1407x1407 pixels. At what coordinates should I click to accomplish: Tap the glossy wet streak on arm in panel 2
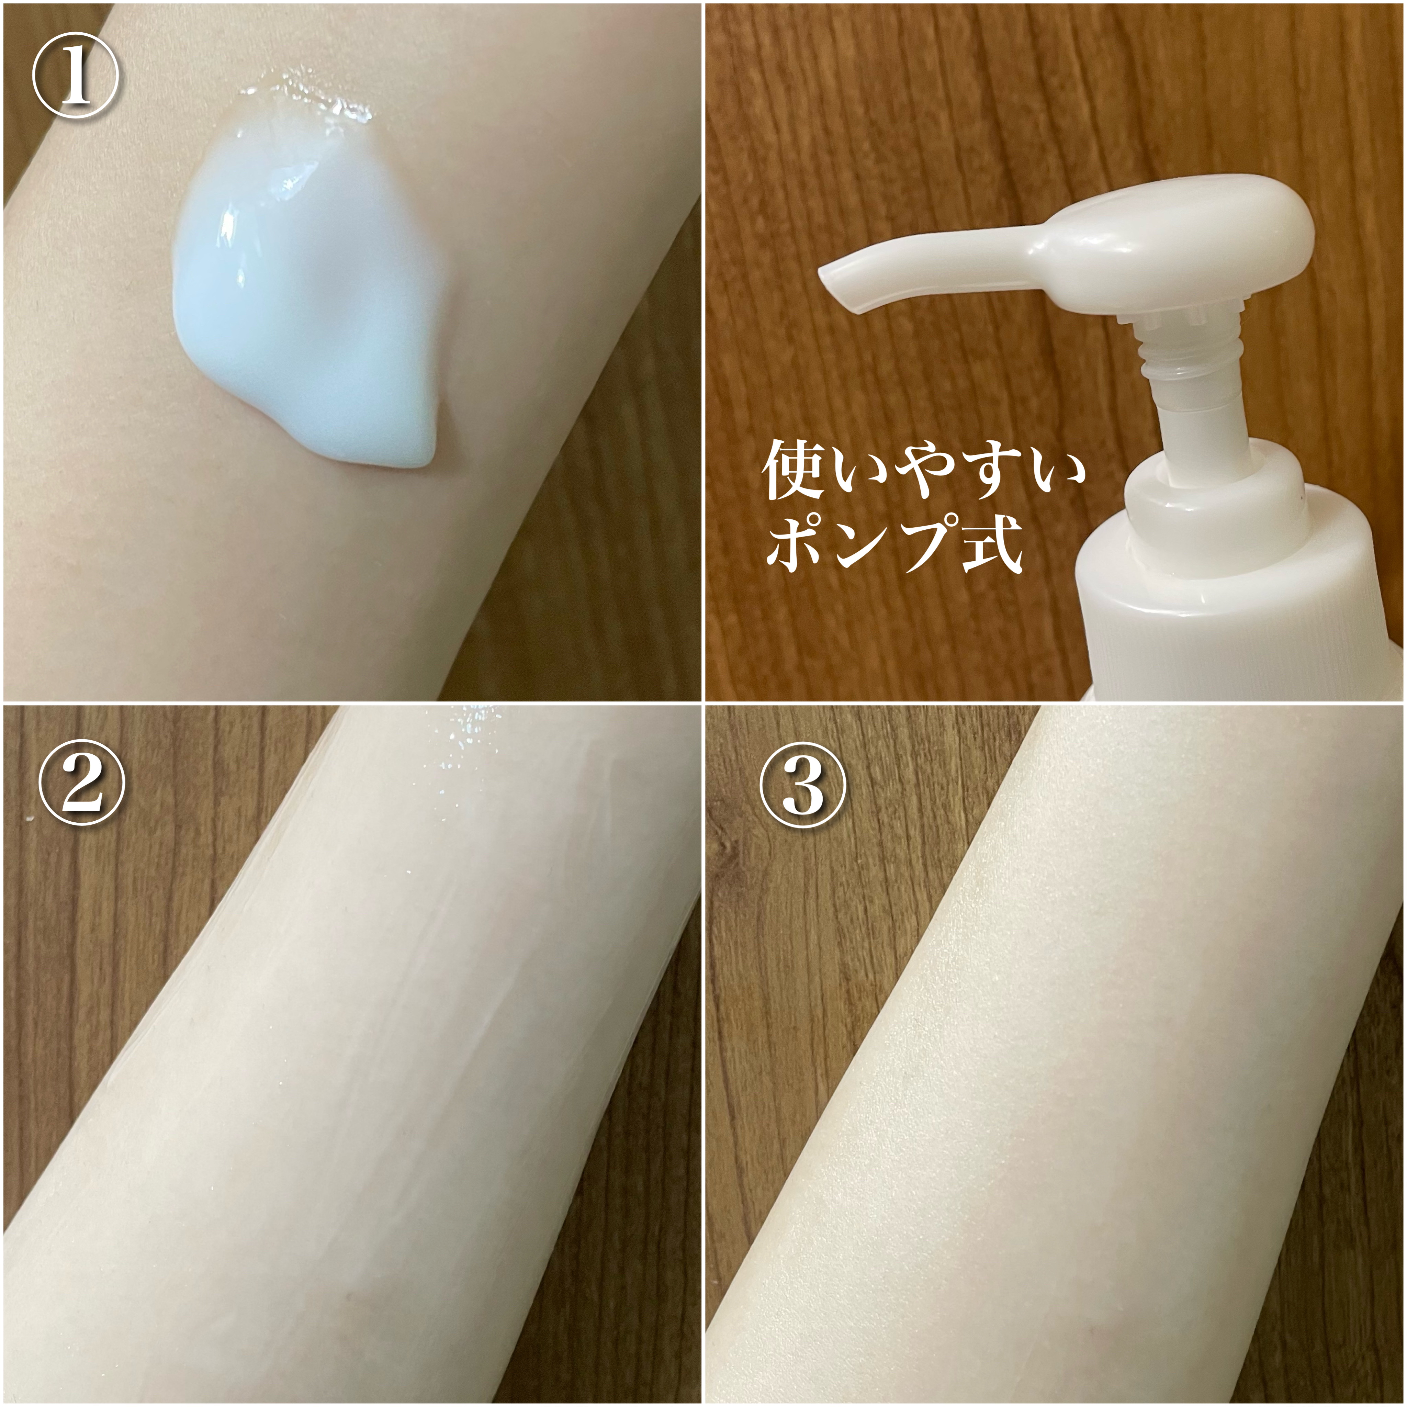pos(466,772)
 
